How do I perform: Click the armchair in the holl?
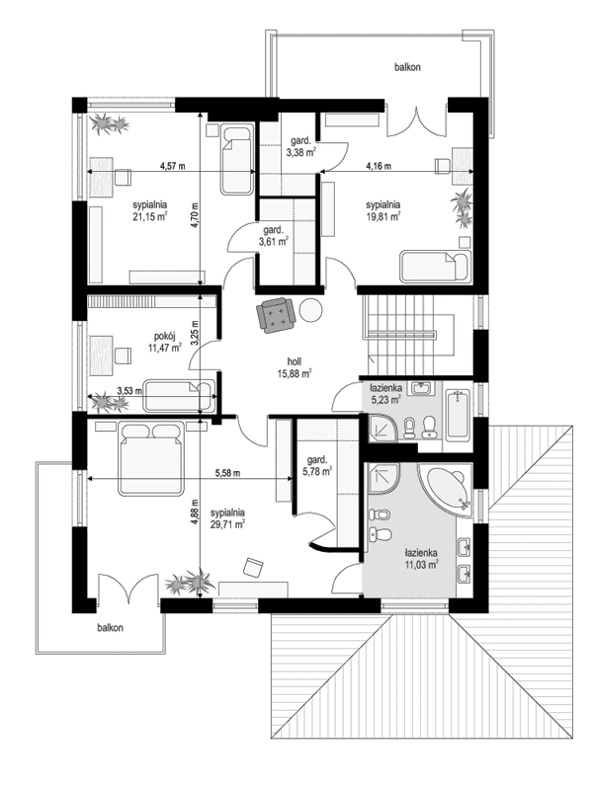276,314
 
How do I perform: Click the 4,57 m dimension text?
174,166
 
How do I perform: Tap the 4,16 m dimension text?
379,166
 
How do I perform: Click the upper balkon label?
407,67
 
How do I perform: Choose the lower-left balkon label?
111,627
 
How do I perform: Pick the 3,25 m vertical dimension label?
196,338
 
